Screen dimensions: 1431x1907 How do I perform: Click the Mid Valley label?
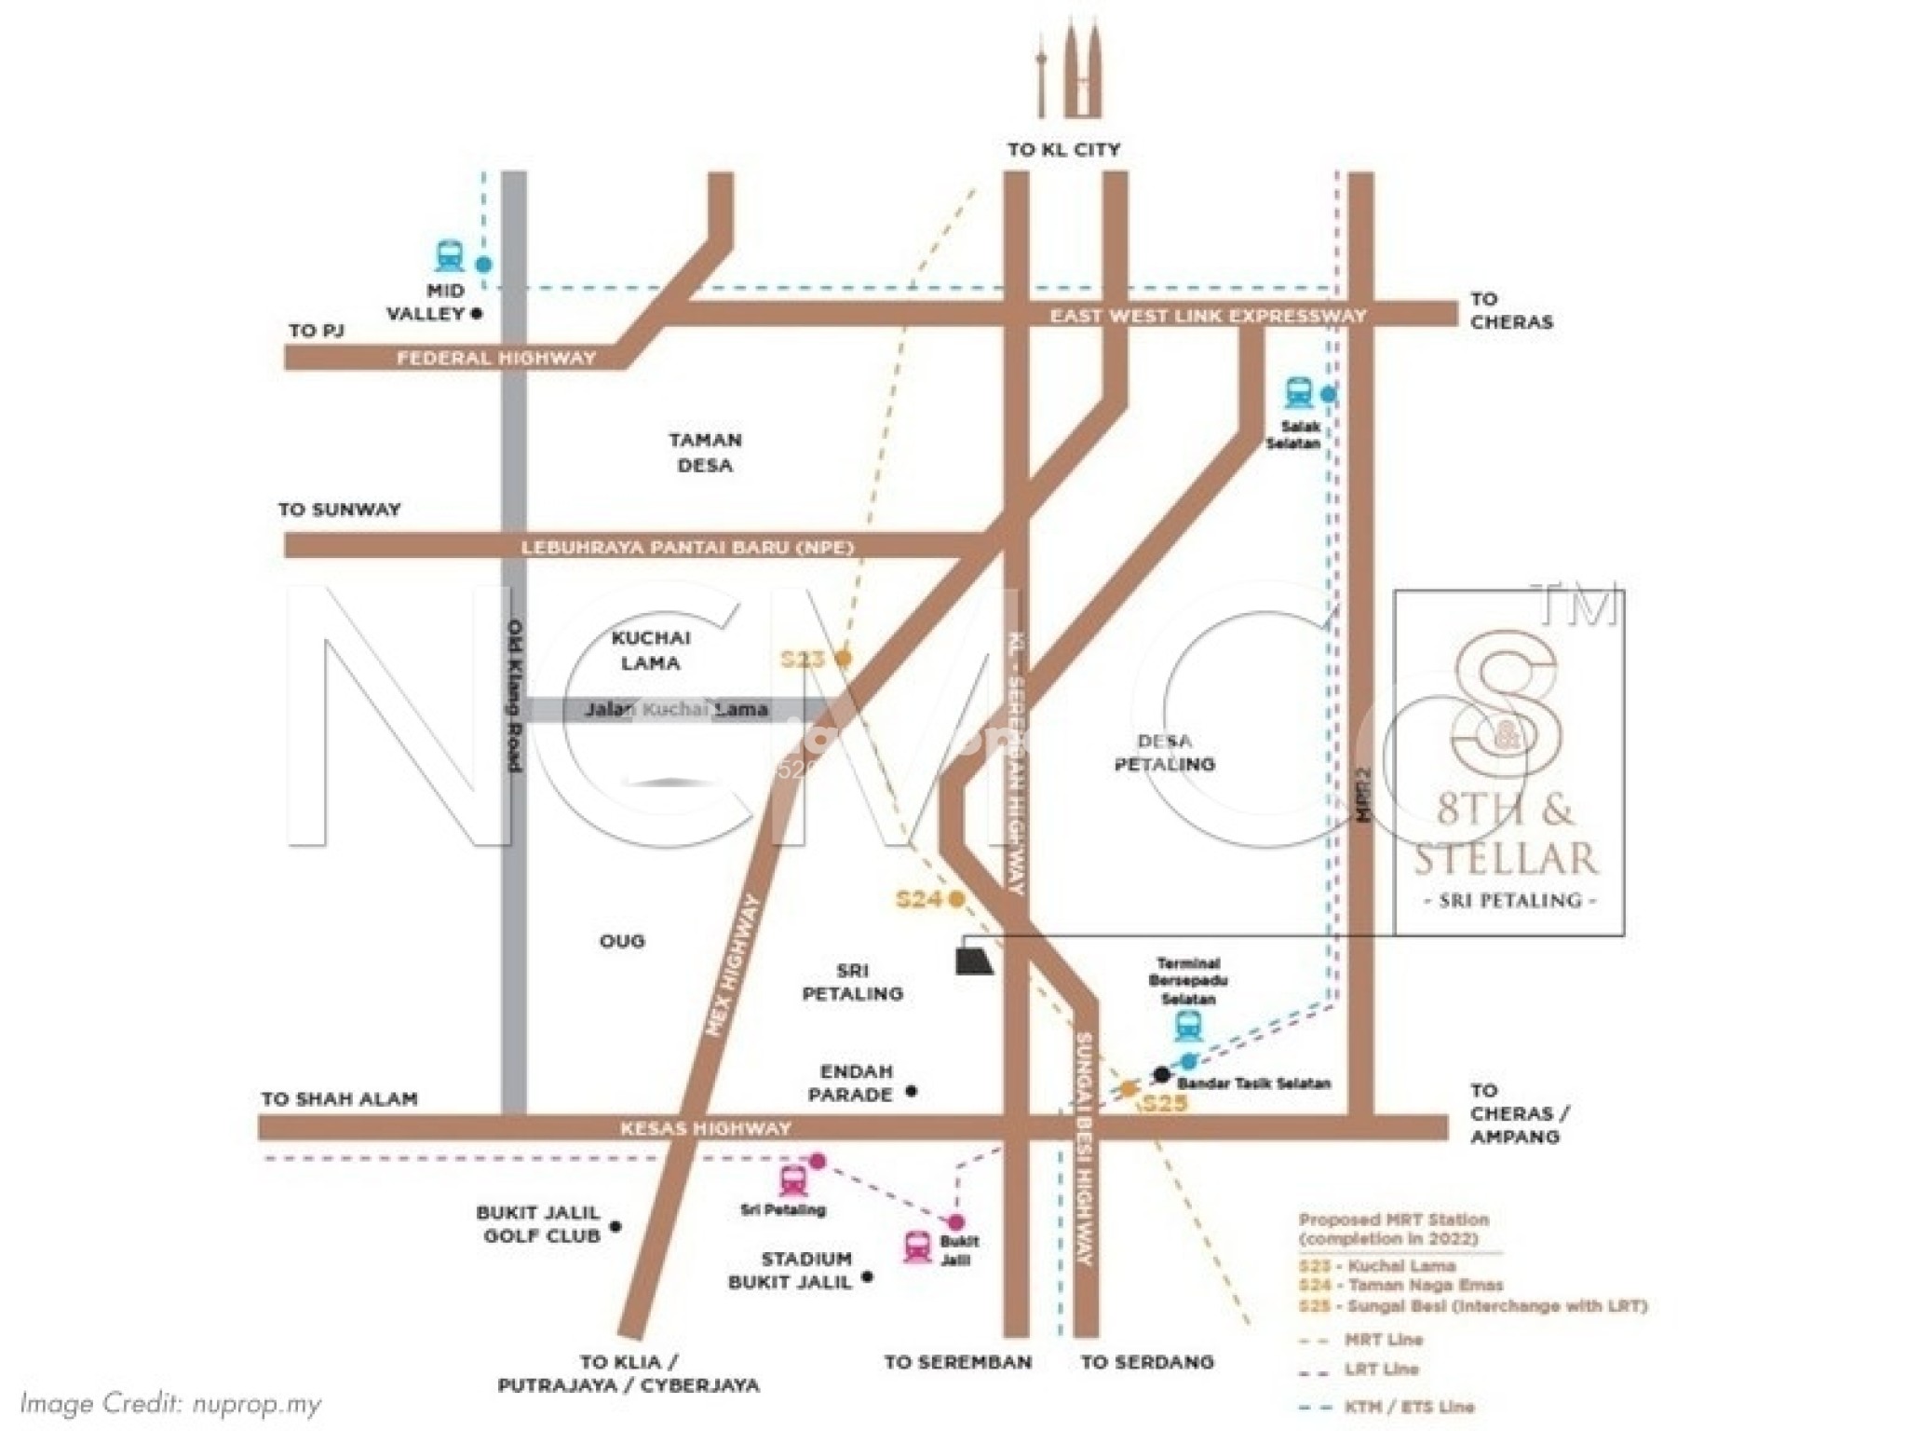coord(426,303)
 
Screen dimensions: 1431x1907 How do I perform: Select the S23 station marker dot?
coord(844,658)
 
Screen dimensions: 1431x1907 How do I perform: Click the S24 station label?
coord(919,899)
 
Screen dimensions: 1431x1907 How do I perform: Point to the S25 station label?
coord(1165,1105)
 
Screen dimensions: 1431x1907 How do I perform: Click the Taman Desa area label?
coord(705,453)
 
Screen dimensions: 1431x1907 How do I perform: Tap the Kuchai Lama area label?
coord(651,650)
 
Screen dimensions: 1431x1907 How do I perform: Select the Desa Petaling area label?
coord(1164,753)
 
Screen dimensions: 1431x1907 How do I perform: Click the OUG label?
coord(622,941)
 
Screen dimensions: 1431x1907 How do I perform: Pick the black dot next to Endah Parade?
coord(912,1091)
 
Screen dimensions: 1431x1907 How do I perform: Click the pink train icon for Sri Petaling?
coord(793,1180)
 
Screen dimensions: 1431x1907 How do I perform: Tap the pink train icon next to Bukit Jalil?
coord(917,1247)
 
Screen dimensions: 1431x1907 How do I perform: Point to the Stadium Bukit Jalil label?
coord(790,1271)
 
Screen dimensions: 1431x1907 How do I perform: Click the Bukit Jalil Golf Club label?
coord(538,1224)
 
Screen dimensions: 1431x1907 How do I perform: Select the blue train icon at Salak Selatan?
coord(1298,392)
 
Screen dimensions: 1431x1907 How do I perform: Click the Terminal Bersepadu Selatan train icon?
coord(1187,1027)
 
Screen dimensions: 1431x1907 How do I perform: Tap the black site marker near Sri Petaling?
coord(974,961)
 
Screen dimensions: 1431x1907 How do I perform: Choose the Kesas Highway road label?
coord(706,1128)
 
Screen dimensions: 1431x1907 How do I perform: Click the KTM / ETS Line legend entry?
coord(1409,1407)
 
